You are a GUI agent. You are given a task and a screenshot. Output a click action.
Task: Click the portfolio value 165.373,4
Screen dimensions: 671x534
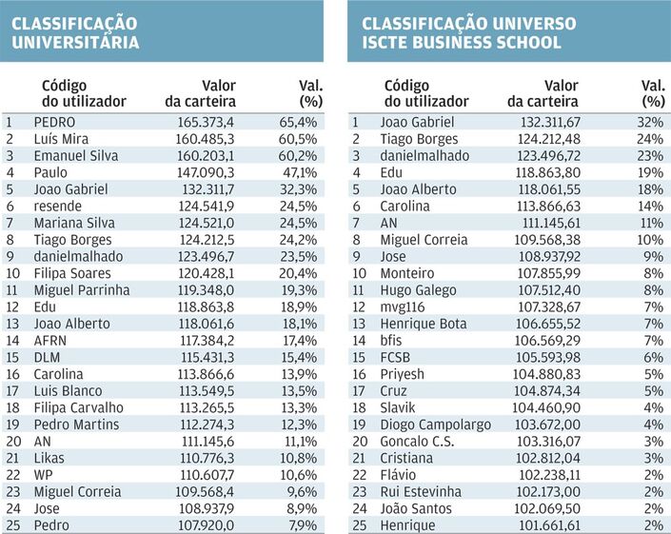click(206, 123)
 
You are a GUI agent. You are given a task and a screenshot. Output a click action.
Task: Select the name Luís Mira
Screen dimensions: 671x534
click(61, 139)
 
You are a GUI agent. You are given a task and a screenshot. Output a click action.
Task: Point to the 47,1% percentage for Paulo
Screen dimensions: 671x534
click(300, 172)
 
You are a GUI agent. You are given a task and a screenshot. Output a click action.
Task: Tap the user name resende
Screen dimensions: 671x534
click(58, 207)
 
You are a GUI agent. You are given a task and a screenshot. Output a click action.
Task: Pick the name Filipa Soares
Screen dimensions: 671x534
click(72, 273)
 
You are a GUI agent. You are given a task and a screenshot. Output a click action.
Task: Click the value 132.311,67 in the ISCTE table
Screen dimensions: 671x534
click(550, 123)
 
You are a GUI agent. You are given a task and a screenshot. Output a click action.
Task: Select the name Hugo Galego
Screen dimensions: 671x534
click(418, 290)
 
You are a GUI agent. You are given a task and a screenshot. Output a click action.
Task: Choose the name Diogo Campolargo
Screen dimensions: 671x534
click(436, 425)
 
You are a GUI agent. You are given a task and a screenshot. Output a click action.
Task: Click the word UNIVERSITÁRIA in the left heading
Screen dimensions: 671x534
click(75, 42)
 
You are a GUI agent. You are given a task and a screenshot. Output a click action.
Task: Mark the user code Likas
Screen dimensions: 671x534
click(49, 458)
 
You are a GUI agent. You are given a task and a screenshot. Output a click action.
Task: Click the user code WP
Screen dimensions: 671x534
click(43, 475)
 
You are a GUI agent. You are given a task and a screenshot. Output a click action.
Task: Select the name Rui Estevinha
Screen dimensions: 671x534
click(421, 492)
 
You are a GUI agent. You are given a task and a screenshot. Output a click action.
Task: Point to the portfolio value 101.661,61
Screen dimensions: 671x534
click(550, 525)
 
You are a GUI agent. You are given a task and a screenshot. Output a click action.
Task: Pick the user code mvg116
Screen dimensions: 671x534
click(403, 307)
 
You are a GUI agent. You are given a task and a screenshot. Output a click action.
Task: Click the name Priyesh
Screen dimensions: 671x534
click(402, 374)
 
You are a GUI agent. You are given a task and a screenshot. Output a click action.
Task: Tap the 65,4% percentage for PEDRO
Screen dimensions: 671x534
click(298, 123)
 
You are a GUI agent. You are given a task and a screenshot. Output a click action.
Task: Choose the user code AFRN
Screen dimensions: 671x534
click(50, 341)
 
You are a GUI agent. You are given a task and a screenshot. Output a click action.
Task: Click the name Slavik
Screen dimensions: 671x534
click(398, 407)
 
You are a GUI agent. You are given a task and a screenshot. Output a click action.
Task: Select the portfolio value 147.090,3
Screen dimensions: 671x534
click(206, 172)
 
